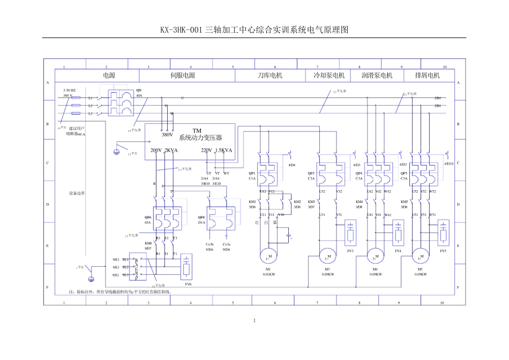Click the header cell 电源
pos(109,76)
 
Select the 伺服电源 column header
pos(183,76)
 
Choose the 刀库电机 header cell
pos(270,76)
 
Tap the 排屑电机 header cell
pos(427,76)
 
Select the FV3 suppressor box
pos(350,231)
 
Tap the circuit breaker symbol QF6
pos(167,219)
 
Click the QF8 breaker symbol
pos(220,219)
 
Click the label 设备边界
pos(77,193)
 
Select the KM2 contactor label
pos(297,202)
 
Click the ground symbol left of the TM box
pos(116,152)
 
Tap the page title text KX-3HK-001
pos(181,30)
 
